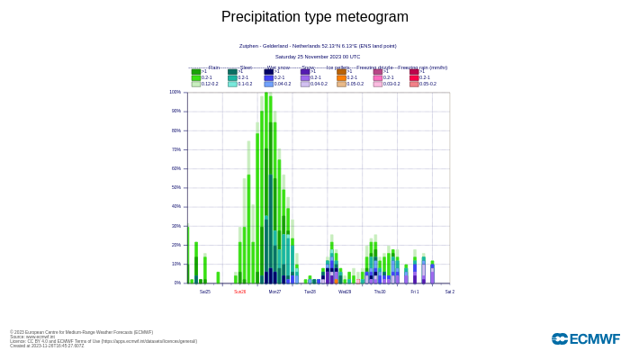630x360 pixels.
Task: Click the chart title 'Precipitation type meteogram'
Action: coord(315,17)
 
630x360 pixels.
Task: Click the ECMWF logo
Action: coord(585,339)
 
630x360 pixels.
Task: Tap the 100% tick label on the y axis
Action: coord(175,92)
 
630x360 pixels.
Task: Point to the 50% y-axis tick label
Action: coord(175,187)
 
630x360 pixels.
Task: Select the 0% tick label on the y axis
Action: coord(177,283)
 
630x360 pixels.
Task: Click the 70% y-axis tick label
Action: coord(175,149)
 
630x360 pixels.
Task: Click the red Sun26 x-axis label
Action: coord(240,292)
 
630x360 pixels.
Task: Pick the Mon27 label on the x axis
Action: coord(274,292)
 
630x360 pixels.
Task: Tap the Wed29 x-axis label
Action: coord(345,292)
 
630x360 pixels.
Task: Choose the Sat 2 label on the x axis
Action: coord(449,292)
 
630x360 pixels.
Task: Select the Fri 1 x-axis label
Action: coord(415,292)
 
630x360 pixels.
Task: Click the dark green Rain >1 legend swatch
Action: coord(196,72)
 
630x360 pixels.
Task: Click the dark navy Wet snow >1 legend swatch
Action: coord(269,72)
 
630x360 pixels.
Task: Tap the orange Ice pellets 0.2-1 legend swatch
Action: coord(342,77)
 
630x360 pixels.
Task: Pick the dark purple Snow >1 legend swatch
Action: coord(305,72)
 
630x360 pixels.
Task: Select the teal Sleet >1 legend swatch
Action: coord(232,72)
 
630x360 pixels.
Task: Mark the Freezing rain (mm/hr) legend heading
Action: coord(422,67)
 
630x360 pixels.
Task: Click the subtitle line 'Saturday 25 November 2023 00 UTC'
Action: coord(318,57)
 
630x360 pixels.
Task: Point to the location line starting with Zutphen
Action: coord(318,46)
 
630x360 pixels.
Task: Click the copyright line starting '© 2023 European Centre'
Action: coord(81,332)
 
